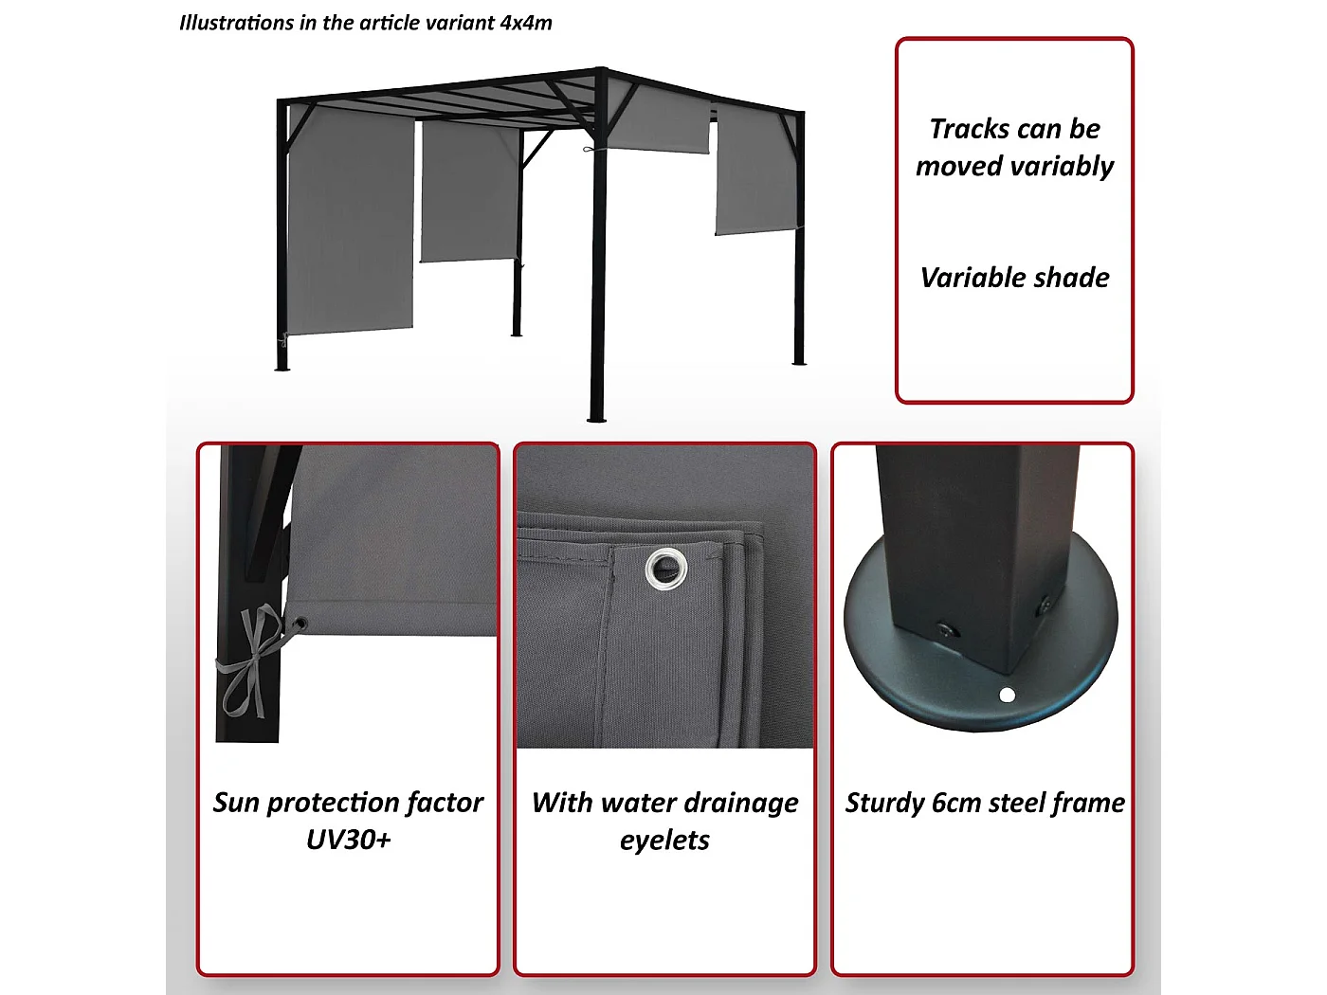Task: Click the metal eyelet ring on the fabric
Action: (x=665, y=570)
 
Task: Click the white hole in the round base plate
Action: (x=1008, y=696)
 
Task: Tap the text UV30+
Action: (x=348, y=841)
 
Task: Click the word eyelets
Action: (x=664, y=841)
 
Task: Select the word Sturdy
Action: (x=884, y=804)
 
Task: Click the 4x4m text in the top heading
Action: (x=526, y=23)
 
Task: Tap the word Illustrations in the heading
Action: (x=236, y=23)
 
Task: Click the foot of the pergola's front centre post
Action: (x=596, y=416)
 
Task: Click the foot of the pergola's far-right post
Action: (x=798, y=360)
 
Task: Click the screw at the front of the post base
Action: (x=945, y=630)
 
